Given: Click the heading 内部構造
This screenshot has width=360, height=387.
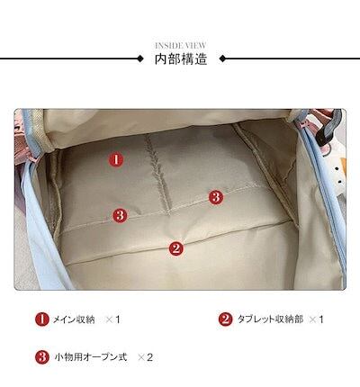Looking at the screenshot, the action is click(x=181, y=59).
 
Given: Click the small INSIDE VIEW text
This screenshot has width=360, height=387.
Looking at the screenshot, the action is click(x=181, y=46).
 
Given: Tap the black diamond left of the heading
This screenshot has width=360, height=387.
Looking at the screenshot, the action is click(x=139, y=58).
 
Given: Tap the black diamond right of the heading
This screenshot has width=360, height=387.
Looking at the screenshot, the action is click(x=222, y=58).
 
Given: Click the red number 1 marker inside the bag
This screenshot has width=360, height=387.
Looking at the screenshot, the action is click(x=116, y=159).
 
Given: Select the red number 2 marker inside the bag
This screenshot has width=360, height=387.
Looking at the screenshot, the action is click(x=176, y=248).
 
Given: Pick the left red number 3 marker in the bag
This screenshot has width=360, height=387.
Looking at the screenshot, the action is click(x=120, y=215).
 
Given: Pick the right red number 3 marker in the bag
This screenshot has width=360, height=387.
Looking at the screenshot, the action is click(x=216, y=197).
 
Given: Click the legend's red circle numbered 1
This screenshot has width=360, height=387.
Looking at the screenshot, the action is click(x=42, y=319).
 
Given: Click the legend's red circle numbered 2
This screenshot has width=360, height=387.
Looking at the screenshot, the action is click(x=225, y=319).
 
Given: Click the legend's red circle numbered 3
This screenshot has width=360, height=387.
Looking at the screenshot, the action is click(x=42, y=357).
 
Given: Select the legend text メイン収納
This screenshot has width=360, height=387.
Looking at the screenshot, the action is click(x=74, y=319).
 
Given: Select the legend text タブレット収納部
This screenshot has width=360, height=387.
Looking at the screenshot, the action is click(x=270, y=319).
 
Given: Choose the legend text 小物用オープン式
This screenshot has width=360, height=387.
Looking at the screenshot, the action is click(x=91, y=357).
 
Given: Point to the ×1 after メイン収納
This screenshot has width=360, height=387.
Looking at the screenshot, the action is click(x=112, y=319).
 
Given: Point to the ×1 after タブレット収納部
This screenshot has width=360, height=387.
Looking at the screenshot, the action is click(x=316, y=319).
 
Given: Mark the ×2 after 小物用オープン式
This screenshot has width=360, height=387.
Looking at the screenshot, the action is click(x=145, y=357).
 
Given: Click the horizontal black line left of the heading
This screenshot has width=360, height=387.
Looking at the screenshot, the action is click(x=68, y=58).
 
